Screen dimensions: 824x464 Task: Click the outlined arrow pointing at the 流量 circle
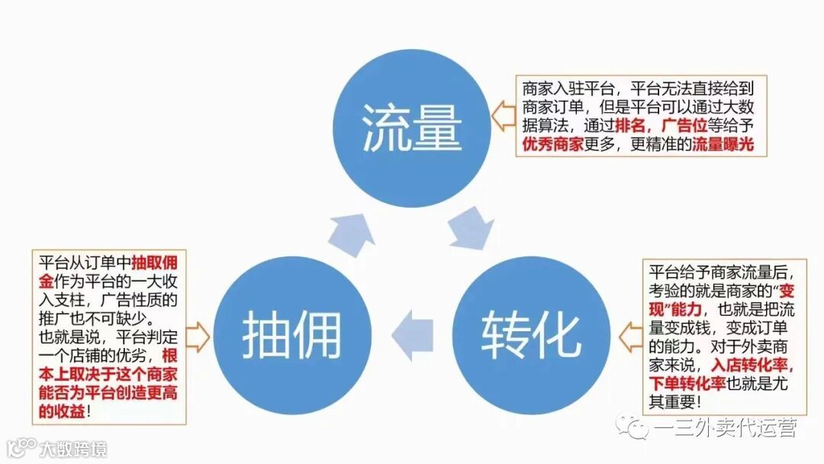click(502, 116)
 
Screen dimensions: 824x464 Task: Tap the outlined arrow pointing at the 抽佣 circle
click(198, 336)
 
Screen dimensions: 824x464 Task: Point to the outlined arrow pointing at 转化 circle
click(630, 336)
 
